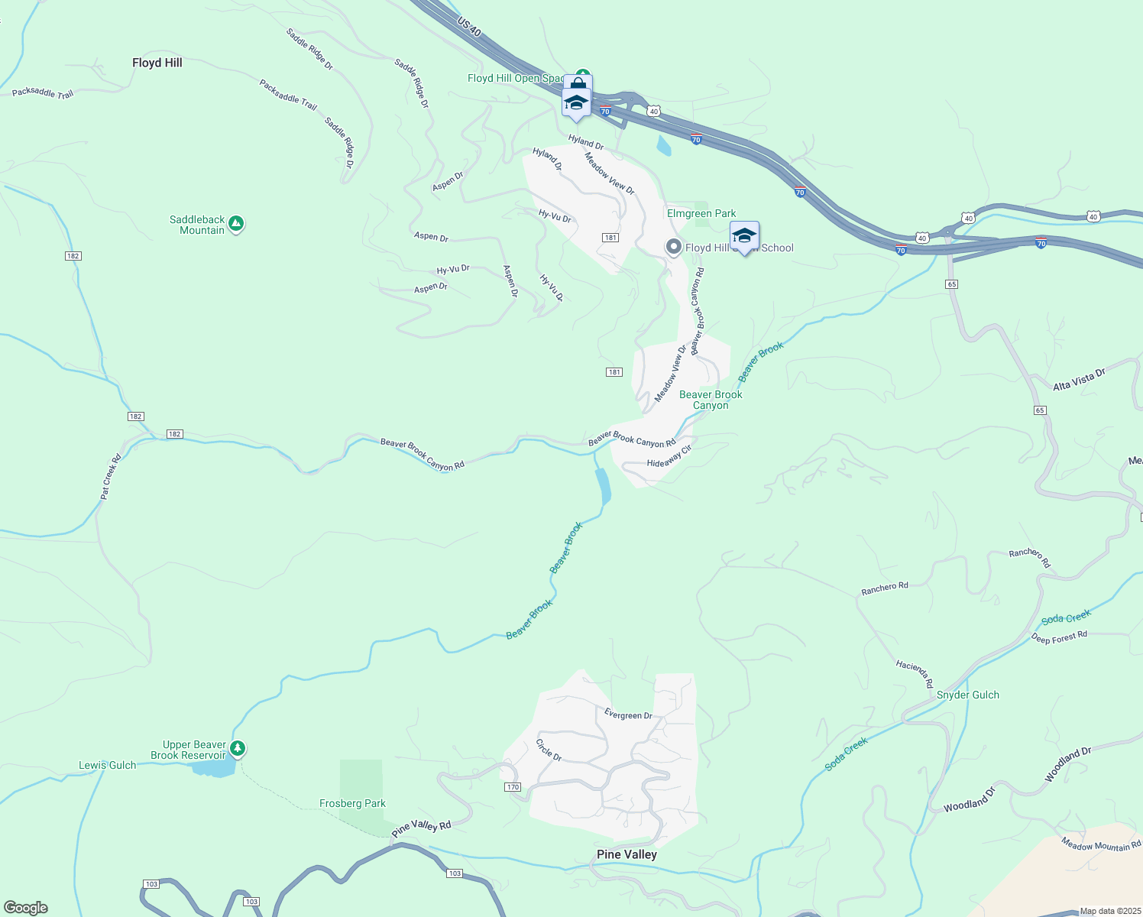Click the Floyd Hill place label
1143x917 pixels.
157,63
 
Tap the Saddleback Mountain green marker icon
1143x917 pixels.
236,224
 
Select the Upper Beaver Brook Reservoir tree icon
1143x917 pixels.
238,748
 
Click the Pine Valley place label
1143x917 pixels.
627,854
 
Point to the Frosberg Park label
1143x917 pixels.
352,803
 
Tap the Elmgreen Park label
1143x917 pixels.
701,213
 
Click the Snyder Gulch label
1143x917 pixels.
967,695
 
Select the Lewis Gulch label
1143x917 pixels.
108,765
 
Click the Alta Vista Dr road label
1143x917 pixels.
1079,380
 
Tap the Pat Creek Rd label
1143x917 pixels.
111,478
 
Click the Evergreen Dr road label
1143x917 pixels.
628,715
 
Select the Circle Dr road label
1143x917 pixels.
549,750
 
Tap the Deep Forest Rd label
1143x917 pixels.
1059,637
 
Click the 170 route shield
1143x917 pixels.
512,787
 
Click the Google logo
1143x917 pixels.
26,908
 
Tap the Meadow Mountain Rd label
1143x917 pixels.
1101,844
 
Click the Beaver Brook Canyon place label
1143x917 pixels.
711,400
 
